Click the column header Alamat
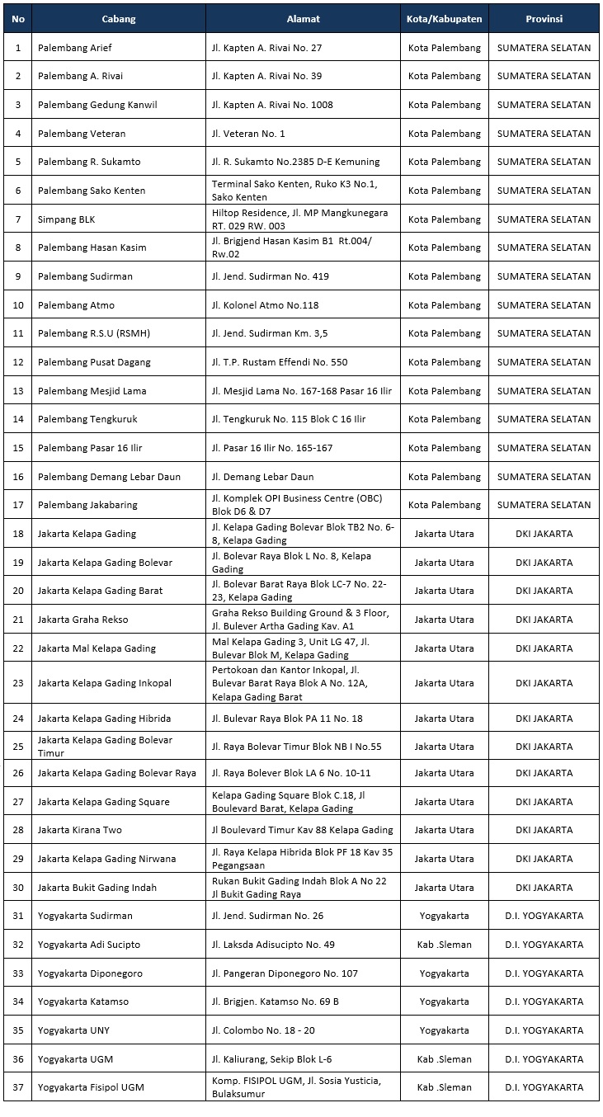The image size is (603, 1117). [x=303, y=19]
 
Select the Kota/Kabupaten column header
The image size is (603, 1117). [x=444, y=19]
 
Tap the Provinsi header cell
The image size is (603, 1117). [x=544, y=19]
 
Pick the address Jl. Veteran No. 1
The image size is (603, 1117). [x=248, y=134]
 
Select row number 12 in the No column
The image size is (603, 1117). [x=18, y=362]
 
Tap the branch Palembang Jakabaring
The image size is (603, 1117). [x=87, y=505]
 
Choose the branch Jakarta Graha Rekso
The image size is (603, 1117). [x=82, y=620]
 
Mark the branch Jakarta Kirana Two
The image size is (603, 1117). [x=79, y=830]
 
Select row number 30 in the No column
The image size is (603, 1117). [x=18, y=888]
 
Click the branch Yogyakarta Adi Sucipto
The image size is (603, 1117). [x=89, y=945]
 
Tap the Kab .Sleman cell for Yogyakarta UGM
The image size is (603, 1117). [x=444, y=1059]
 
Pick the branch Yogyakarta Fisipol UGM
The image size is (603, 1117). [x=91, y=1087]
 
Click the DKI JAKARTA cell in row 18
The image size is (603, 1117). [x=544, y=534]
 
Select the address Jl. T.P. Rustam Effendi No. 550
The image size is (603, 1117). [x=280, y=362]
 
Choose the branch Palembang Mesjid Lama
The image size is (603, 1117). [x=92, y=391]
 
